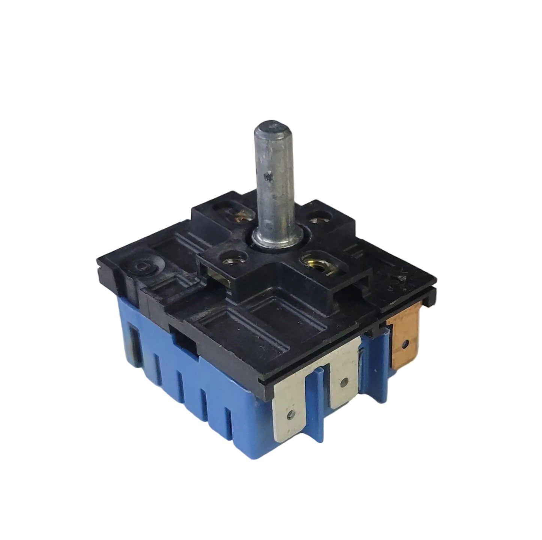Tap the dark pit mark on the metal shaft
(267, 175)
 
